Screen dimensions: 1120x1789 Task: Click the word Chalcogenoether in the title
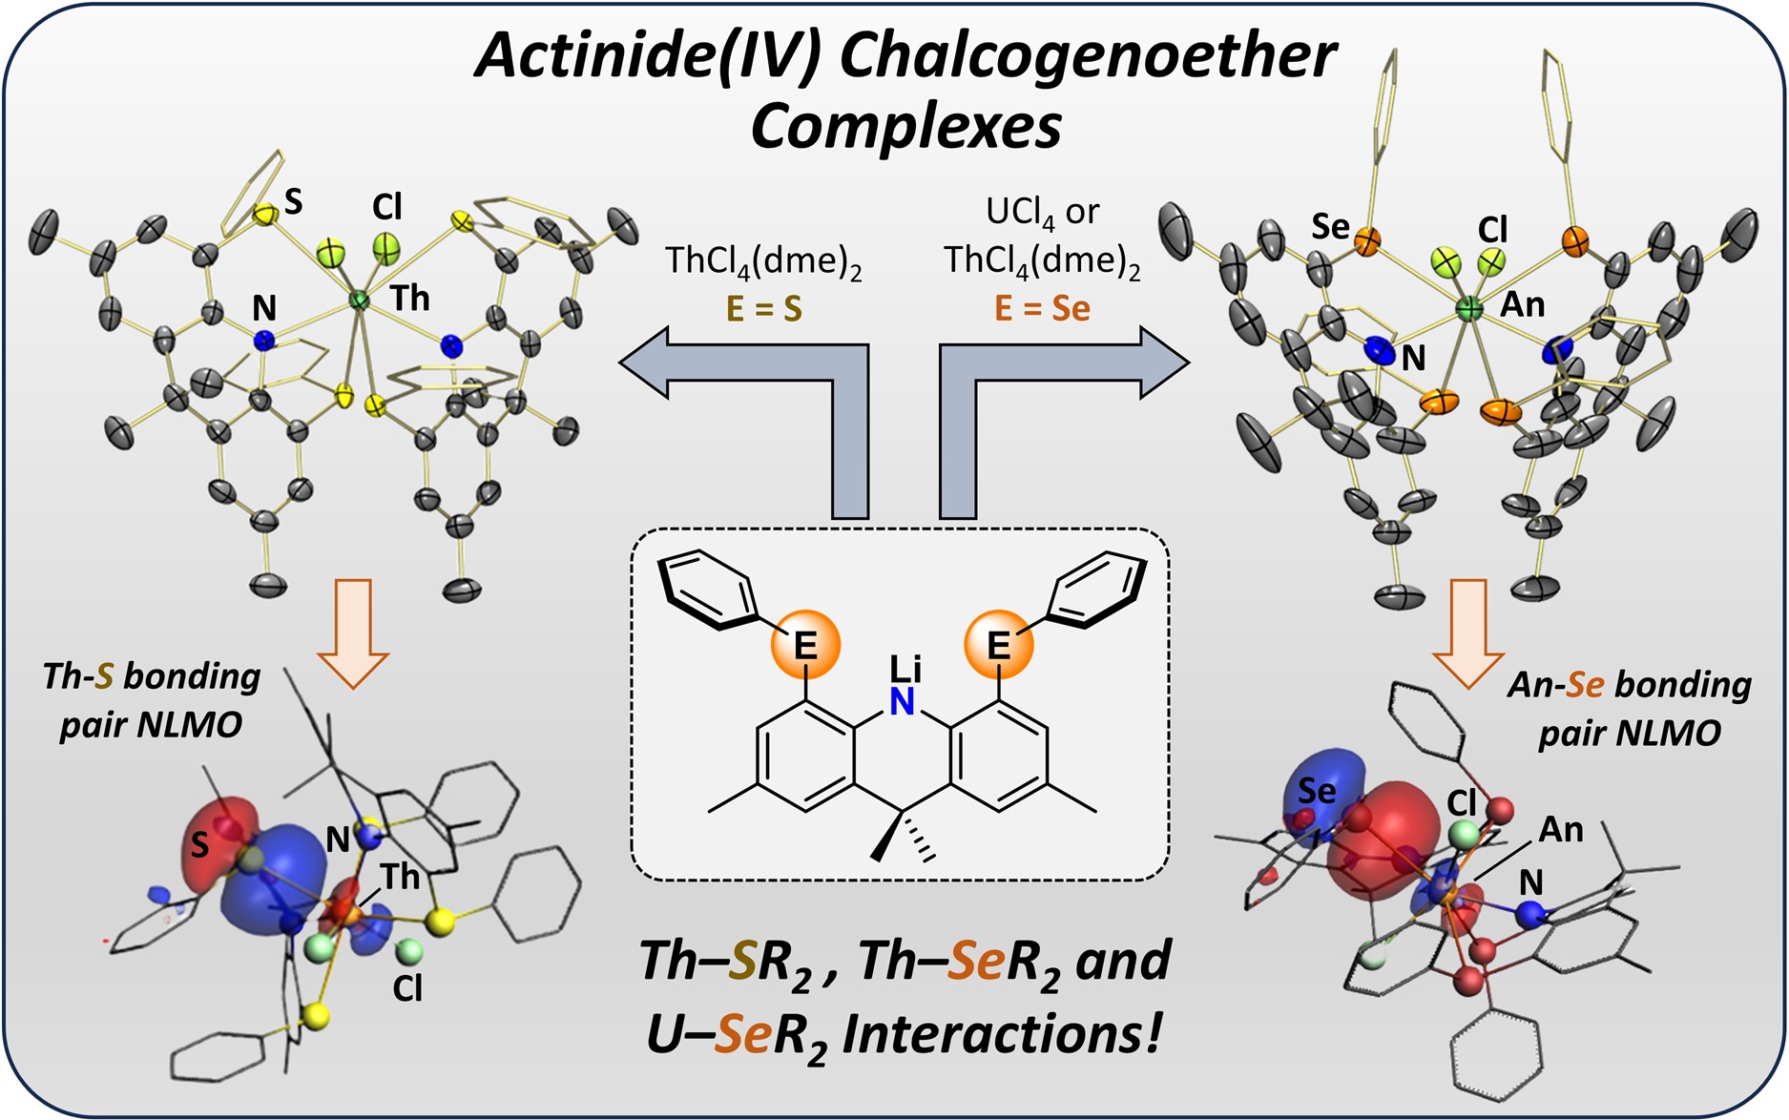1087,57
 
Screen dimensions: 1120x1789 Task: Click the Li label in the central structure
904,669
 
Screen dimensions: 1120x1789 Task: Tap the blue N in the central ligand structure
902,703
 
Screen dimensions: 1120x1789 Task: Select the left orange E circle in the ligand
805,645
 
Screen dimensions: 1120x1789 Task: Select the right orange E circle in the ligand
998,645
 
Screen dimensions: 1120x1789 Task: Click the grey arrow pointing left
658,361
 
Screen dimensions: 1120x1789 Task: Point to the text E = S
763,309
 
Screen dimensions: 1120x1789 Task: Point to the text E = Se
1042,309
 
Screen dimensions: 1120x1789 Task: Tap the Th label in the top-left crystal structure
409,299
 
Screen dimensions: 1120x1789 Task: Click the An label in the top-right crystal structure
1522,304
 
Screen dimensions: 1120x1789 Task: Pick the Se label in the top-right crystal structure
1330,227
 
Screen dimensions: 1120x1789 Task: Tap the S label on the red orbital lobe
199,844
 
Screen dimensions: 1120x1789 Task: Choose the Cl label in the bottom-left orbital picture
407,989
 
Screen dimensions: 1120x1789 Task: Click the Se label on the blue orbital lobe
1317,790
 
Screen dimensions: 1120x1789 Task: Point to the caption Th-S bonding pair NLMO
151,700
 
